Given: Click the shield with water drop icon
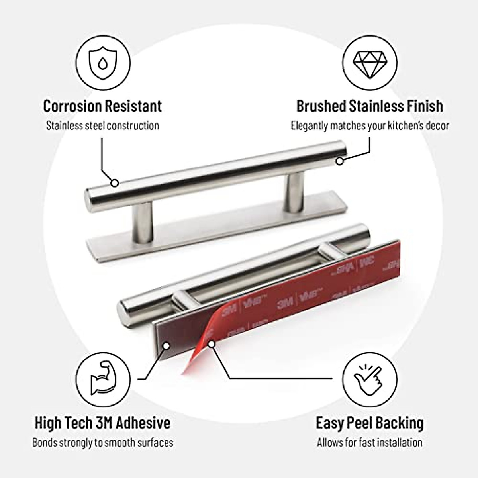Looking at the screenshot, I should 103,65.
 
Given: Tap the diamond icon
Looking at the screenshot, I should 370,65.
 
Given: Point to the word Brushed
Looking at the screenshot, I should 321,106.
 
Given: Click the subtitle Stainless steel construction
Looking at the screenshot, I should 103,126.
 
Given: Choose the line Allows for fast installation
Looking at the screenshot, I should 370,442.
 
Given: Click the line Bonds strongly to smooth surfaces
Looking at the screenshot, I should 103,442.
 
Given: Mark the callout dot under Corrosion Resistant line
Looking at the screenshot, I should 115,183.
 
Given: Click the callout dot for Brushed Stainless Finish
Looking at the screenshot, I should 339,161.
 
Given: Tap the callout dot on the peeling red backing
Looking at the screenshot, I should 212,344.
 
